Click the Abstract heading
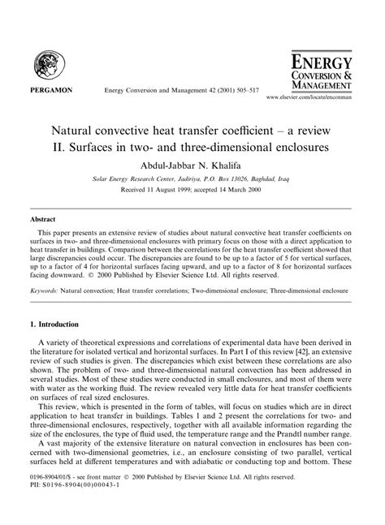coord(42,219)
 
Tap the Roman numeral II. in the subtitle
coord(67,147)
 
